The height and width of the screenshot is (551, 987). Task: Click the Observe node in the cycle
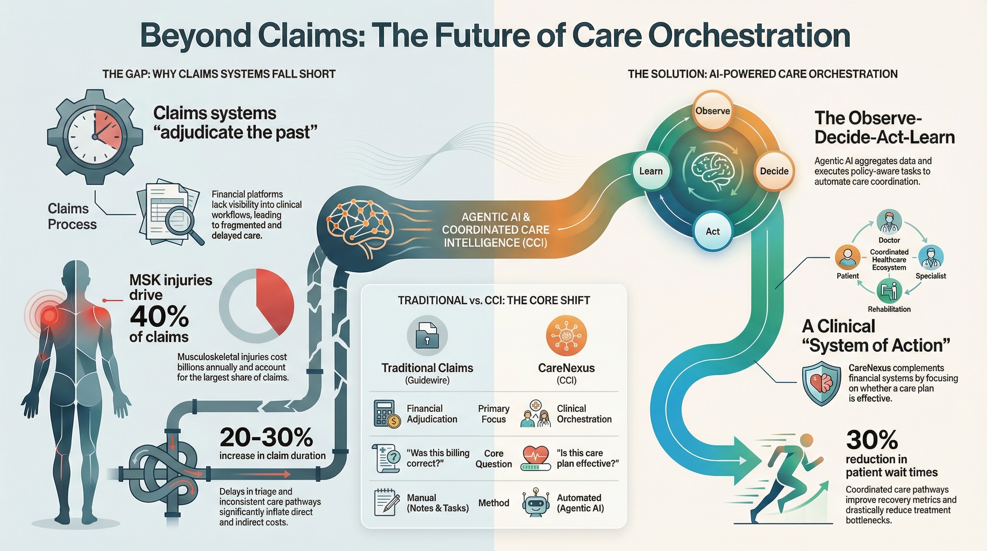click(x=713, y=111)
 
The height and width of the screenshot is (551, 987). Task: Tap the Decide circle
click(x=774, y=171)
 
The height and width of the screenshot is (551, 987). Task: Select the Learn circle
click(x=651, y=171)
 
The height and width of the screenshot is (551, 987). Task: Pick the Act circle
click(x=713, y=231)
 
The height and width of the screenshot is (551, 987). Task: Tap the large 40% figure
click(x=159, y=316)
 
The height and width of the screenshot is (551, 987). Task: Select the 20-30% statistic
click(x=266, y=437)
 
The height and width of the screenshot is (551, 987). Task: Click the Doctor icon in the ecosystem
click(x=889, y=222)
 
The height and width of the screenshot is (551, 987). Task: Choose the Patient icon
click(x=847, y=257)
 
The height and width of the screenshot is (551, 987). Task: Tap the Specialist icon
click(x=931, y=257)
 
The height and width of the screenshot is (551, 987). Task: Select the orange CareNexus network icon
click(x=566, y=336)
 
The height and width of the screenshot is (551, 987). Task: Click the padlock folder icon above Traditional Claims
click(x=427, y=336)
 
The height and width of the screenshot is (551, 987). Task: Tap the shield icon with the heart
click(x=821, y=383)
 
